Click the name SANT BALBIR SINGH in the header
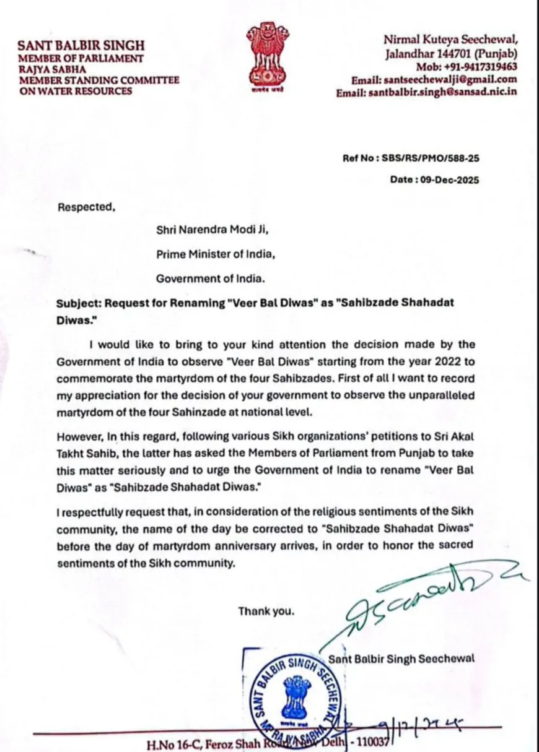(81, 46)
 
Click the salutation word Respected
(86, 208)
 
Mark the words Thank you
(266, 612)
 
